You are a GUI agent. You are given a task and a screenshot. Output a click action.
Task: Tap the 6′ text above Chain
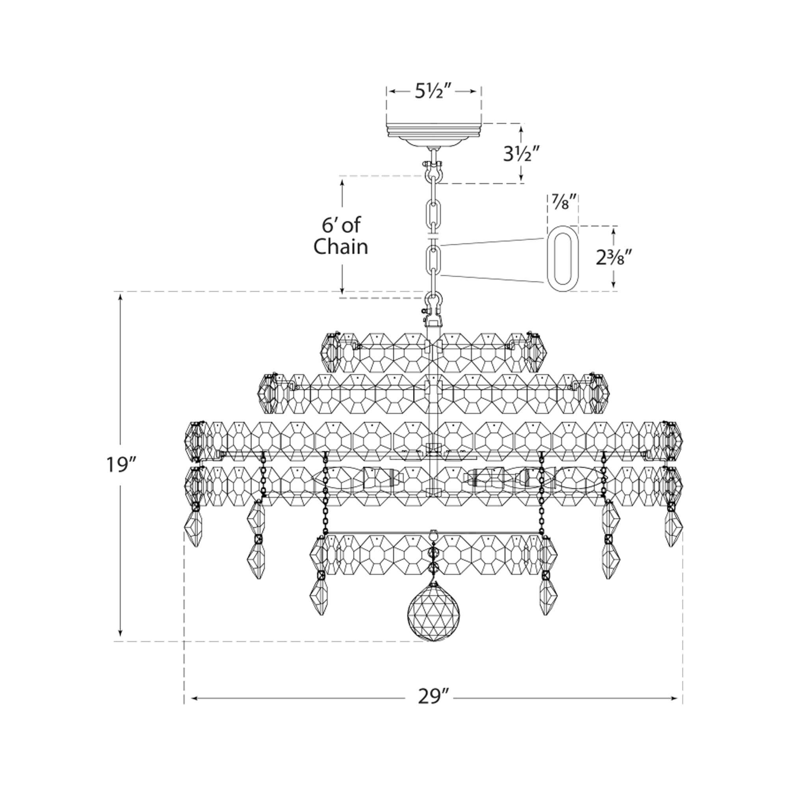coord(328,225)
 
